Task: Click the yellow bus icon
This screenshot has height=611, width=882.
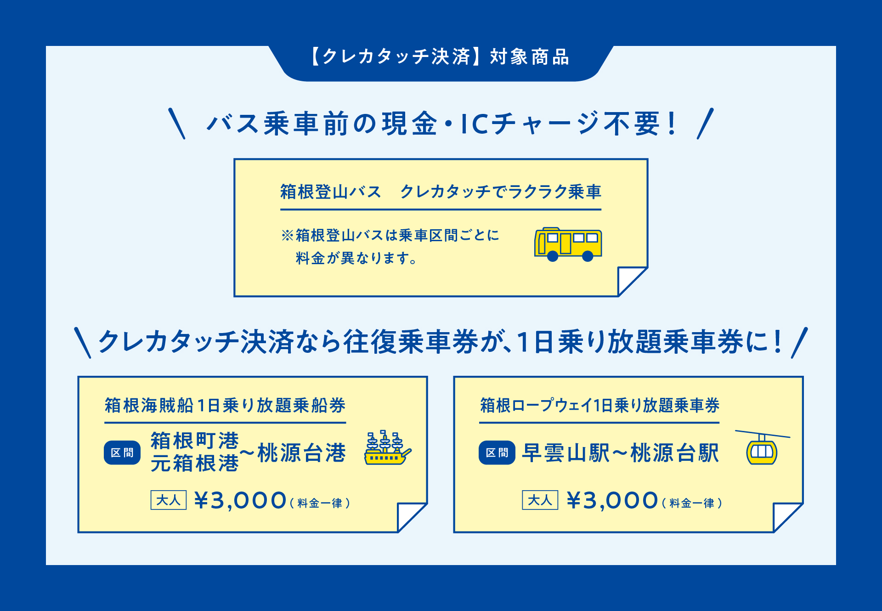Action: point(568,244)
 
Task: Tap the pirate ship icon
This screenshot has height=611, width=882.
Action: point(388,448)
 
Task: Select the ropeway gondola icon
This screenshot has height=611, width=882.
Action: point(762,449)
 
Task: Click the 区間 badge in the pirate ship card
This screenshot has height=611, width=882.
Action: point(122,453)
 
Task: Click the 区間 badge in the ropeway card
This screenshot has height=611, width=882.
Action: point(497,453)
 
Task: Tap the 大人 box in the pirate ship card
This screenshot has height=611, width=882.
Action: point(169,500)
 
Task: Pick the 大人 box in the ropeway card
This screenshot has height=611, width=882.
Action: point(540,500)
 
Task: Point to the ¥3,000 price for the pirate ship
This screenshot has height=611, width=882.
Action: point(240,500)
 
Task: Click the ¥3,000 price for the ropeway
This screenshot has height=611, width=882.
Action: point(612,500)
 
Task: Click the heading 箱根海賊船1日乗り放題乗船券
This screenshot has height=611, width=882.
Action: point(225,405)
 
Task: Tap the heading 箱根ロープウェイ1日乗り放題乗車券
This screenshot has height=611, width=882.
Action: point(599,405)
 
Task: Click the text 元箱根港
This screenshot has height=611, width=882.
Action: point(195,463)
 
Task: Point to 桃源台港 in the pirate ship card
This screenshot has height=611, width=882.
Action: point(301,453)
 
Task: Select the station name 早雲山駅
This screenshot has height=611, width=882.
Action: point(566,453)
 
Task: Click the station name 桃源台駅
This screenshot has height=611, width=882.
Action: point(675,453)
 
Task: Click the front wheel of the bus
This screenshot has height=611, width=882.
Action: point(553,256)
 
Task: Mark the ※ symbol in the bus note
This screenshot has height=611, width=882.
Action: point(287,235)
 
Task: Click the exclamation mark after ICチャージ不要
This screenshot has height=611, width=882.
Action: point(673,123)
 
